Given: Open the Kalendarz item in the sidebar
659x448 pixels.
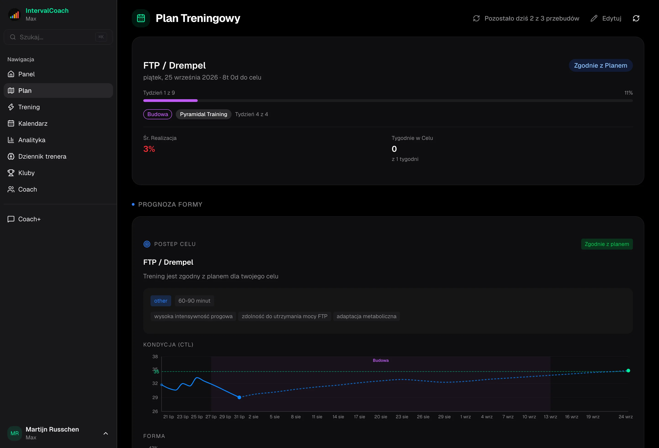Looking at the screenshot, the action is click(x=33, y=123).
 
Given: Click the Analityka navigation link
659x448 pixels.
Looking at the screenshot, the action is click(x=32, y=140).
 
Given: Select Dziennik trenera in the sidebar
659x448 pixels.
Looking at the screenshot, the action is click(x=42, y=156).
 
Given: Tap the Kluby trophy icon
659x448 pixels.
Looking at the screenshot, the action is click(x=11, y=173).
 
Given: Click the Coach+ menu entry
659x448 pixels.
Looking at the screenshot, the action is click(x=29, y=219).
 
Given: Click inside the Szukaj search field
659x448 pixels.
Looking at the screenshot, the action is click(x=58, y=37).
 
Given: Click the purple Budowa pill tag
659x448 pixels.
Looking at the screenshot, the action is click(x=157, y=114).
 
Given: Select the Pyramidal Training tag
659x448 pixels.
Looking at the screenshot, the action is click(x=203, y=114).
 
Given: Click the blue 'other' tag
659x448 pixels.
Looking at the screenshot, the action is click(x=160, y=301).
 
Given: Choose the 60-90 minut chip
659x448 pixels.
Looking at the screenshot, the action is click(x=194, y=301).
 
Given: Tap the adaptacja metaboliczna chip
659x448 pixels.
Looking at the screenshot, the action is click(x=366, y=316).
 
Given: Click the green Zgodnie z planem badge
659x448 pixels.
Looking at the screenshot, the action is click(x=607, y=244).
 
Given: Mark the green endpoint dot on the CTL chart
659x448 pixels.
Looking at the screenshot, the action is click(x=628, y=371).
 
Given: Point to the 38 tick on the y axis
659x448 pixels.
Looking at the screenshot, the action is click(x=155, y=357).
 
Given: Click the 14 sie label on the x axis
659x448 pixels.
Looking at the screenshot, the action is click(x=338, y=417).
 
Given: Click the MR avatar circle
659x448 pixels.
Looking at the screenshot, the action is click(x=15, y=433).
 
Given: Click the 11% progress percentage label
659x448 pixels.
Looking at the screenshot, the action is click(x=628, y=93).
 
